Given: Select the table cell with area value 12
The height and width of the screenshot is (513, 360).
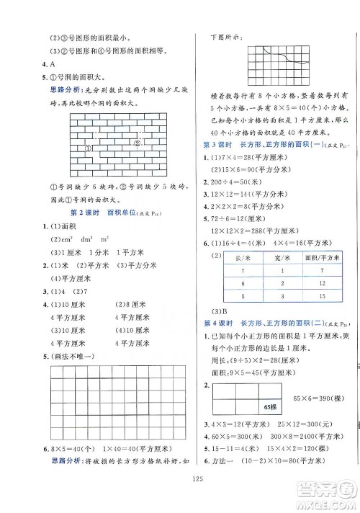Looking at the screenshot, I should pos(321,284).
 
